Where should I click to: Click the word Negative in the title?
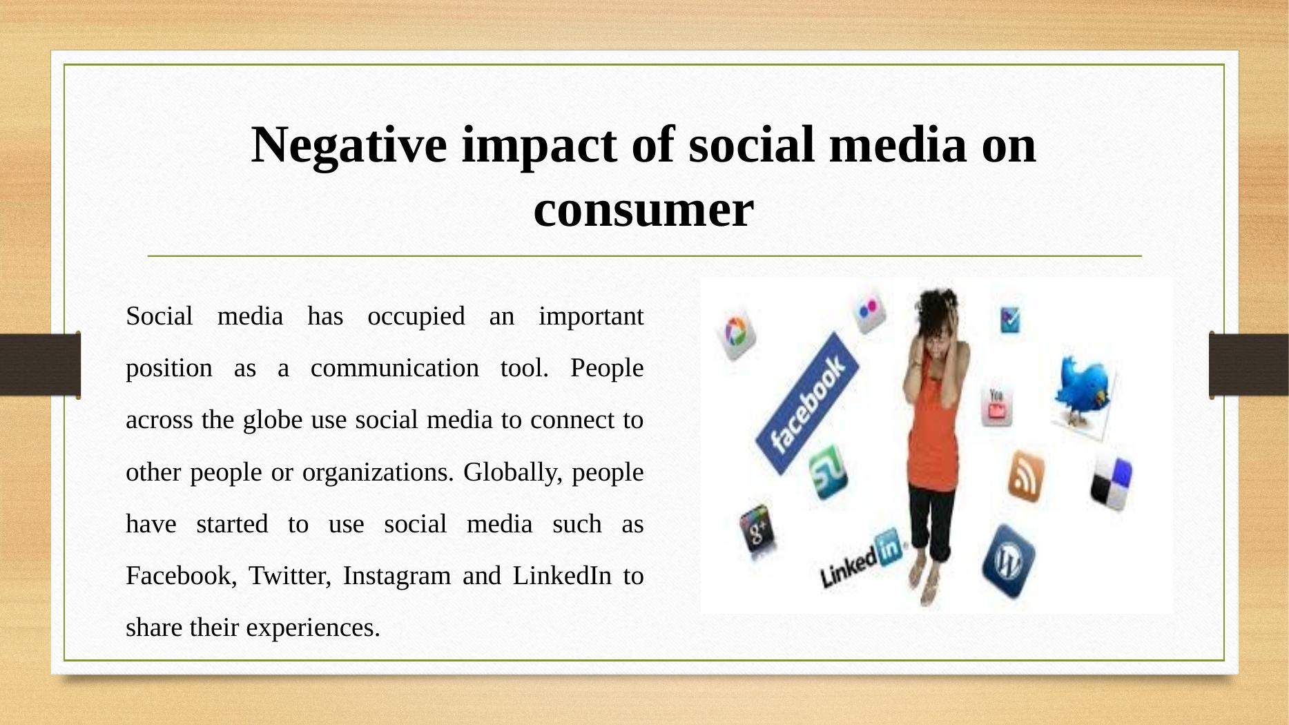coord(348,145)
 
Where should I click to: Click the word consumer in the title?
coord(643,209)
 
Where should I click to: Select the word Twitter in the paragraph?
coord(289,575)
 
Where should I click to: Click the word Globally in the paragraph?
coord(512,472)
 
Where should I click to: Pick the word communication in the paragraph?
coord(394,368)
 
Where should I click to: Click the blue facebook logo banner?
coord(807,403)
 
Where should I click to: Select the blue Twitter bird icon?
coord(1083,391)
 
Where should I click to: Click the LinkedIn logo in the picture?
coord(860,561)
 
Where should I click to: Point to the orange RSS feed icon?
coord(1025,476)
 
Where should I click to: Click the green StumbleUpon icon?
coord(826,472)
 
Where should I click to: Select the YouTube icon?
coord(996,407)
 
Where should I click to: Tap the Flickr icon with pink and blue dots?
coord(868,309)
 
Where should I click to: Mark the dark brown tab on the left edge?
coord(40,365)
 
